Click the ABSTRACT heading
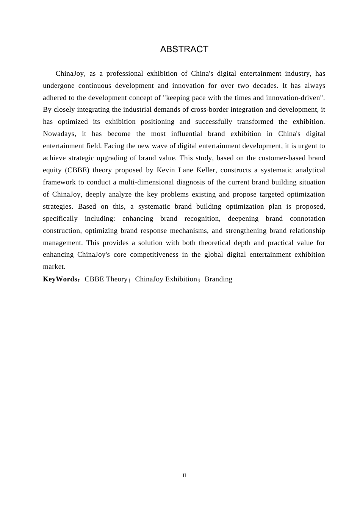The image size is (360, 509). pos(184,49)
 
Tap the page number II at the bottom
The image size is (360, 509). pos(184,475)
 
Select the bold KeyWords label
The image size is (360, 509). pos(60,279)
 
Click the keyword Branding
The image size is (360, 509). pos(218,279)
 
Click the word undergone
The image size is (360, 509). pos(59,86)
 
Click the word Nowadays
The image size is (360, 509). pos(59,134)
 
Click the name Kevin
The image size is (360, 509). pos(166,170)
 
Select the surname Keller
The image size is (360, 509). pos(207,170)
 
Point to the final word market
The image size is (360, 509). pos(54,267)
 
